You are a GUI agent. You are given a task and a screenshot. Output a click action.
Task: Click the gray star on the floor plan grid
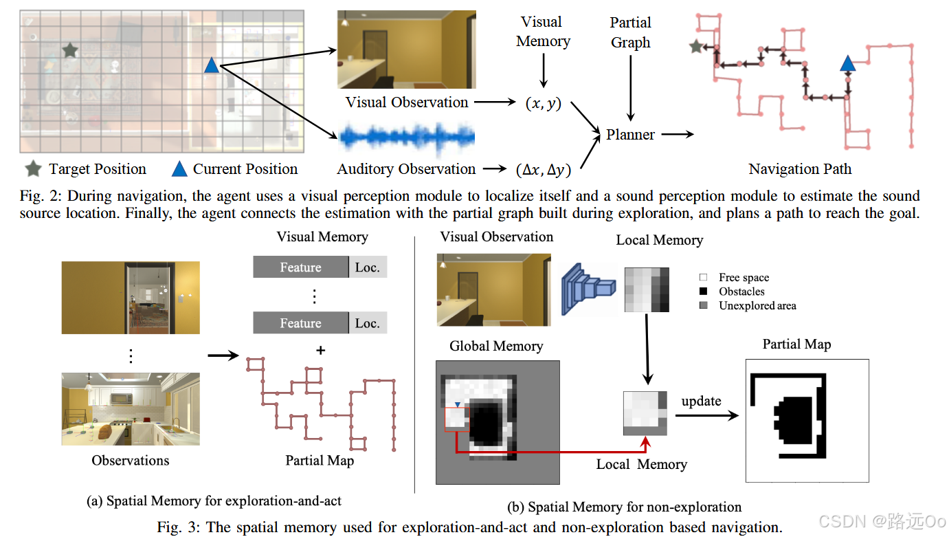coord(69,50)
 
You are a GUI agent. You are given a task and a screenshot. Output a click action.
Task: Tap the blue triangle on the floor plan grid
coord(212,66)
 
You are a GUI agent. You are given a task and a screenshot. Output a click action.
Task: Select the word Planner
coord(630,135)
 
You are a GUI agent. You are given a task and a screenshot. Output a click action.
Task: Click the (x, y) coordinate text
coord(543,103)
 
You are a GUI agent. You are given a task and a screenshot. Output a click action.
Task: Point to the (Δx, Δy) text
coord(542,169)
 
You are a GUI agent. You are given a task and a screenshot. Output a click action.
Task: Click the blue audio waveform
coord(407,138)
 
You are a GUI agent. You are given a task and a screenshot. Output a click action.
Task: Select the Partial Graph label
coord(630,32)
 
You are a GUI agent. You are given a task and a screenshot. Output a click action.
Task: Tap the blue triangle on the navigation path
coord(847,65)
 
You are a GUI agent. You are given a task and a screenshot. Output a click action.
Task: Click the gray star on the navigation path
coord(697,47)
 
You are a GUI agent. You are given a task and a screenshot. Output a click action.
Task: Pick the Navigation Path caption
coord(800,169)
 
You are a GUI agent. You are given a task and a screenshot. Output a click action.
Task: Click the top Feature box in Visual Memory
coord(300,267)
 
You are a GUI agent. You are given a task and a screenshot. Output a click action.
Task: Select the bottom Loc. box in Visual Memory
coord(368,323)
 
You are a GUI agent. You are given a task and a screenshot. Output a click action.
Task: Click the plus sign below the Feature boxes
coord(320,351)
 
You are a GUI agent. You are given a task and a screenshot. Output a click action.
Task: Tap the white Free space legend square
coord(702,278)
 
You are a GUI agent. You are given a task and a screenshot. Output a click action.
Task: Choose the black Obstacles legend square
coord(702,292)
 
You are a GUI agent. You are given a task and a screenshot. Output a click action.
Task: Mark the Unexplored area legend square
coord(702,305)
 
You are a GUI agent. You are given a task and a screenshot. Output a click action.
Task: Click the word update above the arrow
coord(701,401)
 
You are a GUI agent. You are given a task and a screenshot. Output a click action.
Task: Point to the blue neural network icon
coord(589,289)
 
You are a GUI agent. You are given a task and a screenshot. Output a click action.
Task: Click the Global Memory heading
coord(496,346)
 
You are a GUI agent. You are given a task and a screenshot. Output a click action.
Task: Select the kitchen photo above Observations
coord(131,410)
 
